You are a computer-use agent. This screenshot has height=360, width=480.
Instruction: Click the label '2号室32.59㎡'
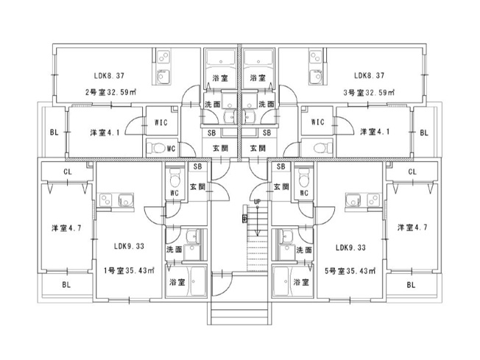pos(110,92)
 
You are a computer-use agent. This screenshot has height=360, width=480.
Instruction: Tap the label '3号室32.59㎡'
pos(369,92)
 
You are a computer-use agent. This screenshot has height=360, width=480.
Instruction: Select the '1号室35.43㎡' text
pos(129,271)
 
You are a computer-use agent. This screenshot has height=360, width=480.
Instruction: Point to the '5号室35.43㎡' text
pos(350,271)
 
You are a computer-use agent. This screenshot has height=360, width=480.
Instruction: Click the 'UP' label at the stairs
pos(257,202)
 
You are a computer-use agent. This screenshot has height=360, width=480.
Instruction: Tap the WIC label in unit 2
pos(161,122)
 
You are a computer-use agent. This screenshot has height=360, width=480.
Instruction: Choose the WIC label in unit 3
pos(317,122)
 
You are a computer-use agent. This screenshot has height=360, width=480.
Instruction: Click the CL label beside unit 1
pos(68,172)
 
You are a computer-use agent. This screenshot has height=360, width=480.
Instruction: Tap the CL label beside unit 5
pos(412,172)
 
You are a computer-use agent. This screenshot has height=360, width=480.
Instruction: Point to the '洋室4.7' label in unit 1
pos(66,228)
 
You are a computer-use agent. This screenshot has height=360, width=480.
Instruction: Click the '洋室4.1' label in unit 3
pos(375,132)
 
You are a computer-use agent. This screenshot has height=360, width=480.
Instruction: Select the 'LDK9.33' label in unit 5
pos(350,247)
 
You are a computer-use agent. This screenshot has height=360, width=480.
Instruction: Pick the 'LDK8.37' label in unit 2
pos(109,75)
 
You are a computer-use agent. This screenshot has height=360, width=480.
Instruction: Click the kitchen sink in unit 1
pos(126,200)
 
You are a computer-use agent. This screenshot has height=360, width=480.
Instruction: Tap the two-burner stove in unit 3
pos(315,57)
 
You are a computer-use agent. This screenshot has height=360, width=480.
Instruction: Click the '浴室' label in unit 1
pos(177,282)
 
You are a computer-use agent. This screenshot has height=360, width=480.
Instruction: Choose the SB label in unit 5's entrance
pos(280,166)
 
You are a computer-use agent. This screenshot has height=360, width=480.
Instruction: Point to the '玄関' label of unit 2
pos(220,149)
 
